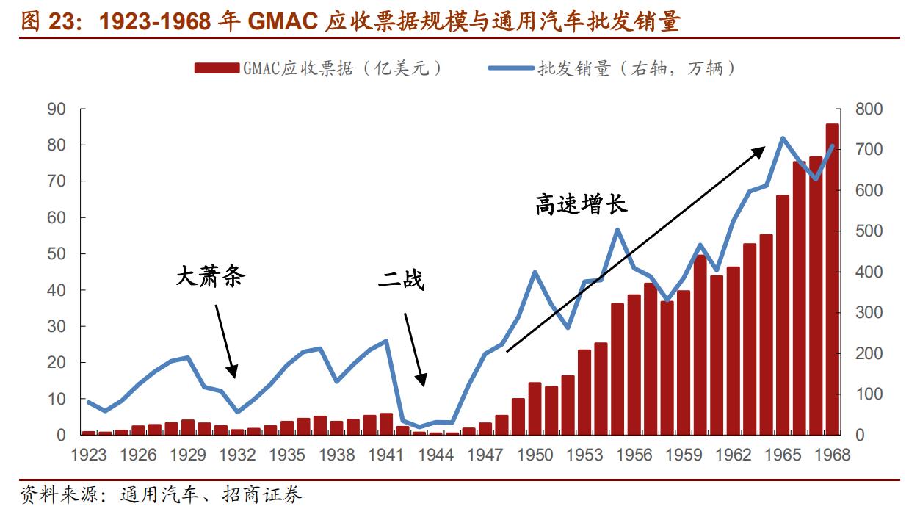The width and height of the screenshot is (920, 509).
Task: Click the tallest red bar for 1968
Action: pyautogui.click(x=832, y=279)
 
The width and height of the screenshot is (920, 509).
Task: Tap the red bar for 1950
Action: pyautogui.click(x=535, y=408)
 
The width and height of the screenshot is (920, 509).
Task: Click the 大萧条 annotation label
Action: pyautogui.click(x=210, y=277)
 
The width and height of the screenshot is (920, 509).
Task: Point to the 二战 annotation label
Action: pyautogui.click(x=402, y=279)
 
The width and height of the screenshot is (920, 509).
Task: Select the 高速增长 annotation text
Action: pyautogui.click(x=581, y=204)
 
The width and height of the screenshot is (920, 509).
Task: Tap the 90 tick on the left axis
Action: pyautogui.click(x=76, y=109)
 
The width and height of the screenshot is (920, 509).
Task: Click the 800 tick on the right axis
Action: pyautogui.click(x=869, y=109)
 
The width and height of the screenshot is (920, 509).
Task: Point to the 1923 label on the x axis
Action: pyautogui.click(x=89, y=455)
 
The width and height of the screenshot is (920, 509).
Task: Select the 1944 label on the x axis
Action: pyautogui.click(x=435, y=455)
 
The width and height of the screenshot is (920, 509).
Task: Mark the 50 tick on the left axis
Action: pyautogui.click(x=76, y=254)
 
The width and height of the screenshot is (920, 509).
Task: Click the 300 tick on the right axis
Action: pyautogui.click(x=869, y=313)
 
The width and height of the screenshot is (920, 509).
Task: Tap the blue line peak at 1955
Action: pyautogui.click(x=617, y=230)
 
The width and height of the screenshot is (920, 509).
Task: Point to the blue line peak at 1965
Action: pyautogui.click(x=783, y=137)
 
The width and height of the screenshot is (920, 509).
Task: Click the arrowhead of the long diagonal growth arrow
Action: pyautogui.click(x=762, y=147)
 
